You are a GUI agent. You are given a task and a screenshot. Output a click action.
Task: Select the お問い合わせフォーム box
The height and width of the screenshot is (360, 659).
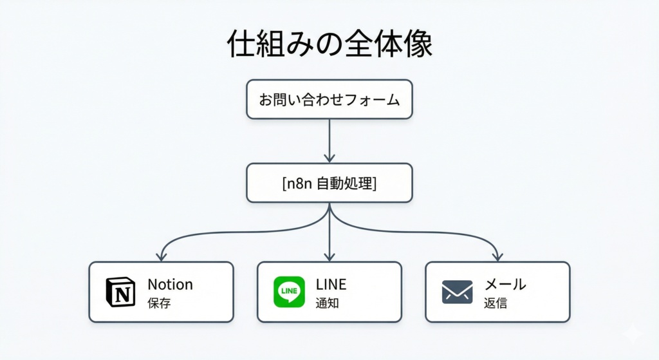click(x=329, y=100)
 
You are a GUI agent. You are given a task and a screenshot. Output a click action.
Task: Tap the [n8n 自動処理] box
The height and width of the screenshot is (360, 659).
click(x=329, y=183)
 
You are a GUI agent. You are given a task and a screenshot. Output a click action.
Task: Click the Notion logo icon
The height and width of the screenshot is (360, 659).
click(x=120, y=292)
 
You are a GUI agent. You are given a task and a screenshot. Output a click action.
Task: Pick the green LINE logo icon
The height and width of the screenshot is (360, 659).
click(x=289, y=292)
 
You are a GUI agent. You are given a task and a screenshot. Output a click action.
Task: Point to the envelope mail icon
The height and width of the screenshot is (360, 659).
click(x=457, y=292)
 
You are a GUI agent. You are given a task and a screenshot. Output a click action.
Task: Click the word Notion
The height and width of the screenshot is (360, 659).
click(x=170, y=284)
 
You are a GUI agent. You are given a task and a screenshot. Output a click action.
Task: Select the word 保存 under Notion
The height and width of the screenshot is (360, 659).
click(x=159, y=303)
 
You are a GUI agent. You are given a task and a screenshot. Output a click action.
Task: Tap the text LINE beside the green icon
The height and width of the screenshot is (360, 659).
click(x=331, y=284)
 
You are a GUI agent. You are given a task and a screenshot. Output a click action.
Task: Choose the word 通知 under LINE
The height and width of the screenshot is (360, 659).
click(x=327, y=303)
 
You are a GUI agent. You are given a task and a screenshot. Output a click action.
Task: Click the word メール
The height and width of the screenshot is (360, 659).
click(x=505, y=284)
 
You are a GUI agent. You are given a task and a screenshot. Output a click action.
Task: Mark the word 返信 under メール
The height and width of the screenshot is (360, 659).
click(x=495, y=303)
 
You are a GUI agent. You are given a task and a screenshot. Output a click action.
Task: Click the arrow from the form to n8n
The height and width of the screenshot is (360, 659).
click(x=329, y=140)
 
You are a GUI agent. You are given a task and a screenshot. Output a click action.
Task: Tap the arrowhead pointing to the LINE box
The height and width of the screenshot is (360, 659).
click(x=329, y=256)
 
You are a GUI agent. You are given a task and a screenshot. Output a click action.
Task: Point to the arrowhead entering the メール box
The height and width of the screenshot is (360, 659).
click(x=497, y=256)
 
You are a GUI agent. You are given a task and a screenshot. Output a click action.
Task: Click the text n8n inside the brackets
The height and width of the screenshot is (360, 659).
click(x=299, y=183)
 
